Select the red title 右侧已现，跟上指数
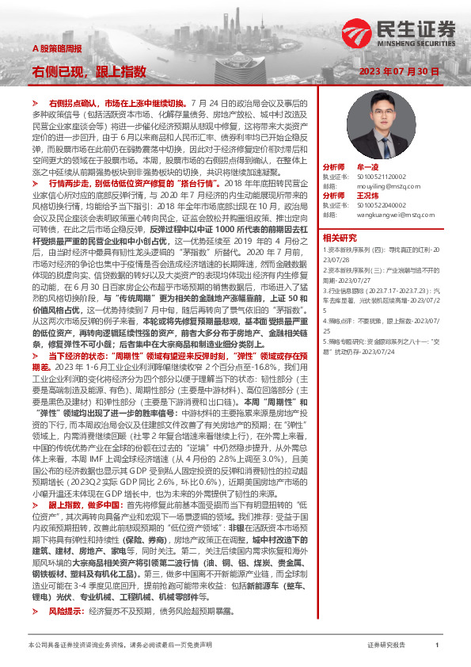coord(89,71)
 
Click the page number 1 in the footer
coord(437,646)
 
